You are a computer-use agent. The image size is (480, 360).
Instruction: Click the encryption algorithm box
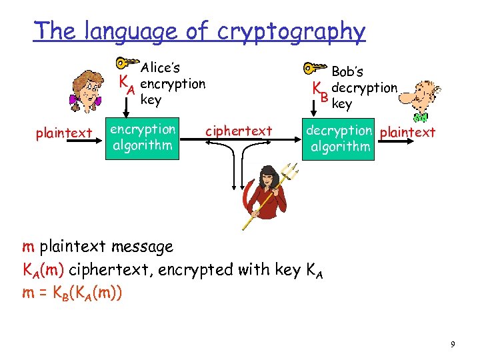(x=143, y=137)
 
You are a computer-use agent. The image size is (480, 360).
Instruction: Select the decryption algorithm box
(x=339, y=139)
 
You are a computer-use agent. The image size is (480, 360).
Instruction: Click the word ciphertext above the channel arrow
(x=239, y=131)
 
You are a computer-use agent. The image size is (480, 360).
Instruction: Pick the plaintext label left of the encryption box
(x=64, y=133)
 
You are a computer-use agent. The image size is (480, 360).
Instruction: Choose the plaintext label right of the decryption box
(x=407, y=132)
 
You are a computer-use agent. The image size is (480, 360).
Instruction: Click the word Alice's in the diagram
(x=161, y=67)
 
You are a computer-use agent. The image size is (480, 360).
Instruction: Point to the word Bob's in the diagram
(x=347, y=71)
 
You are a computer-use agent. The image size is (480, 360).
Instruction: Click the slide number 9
(x=453, y=344)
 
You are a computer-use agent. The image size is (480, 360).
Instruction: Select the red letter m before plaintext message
(x=28, y=247)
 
